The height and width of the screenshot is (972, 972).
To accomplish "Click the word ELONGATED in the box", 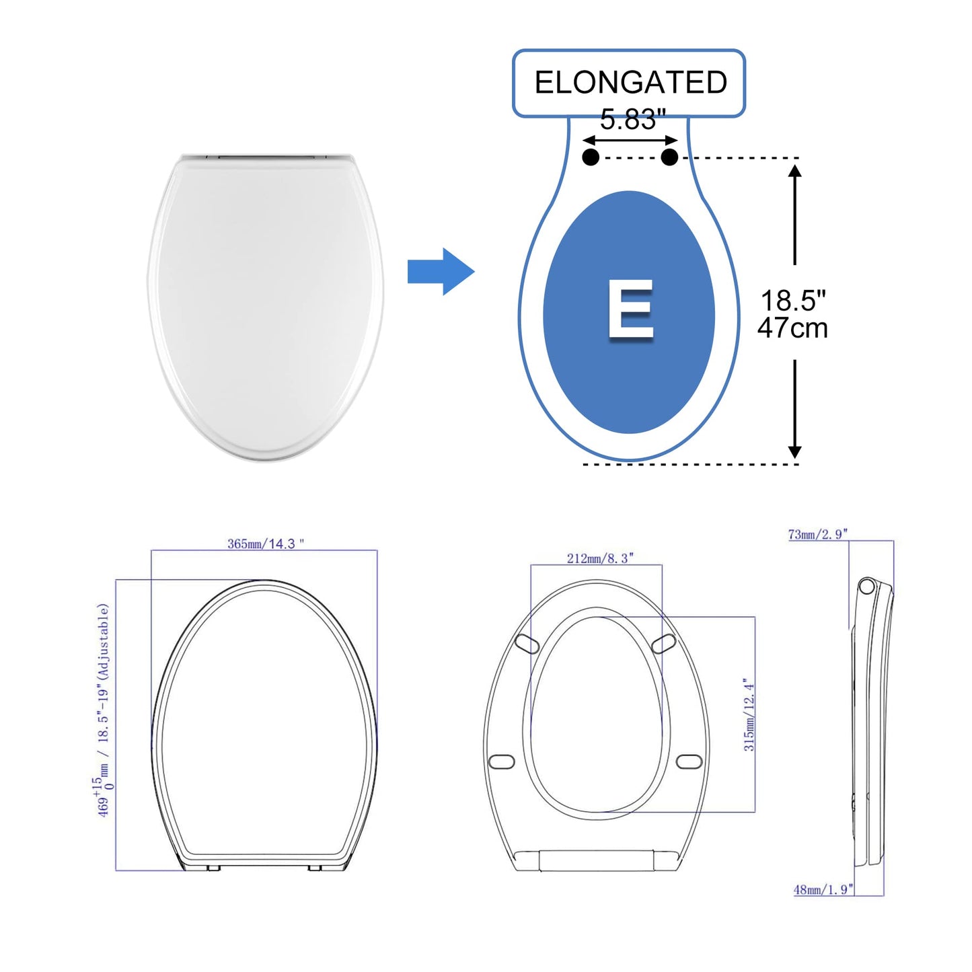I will [630, 83].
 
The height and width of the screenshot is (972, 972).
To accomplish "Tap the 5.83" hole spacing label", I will [632, 120].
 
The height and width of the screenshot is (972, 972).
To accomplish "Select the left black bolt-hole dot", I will [591, 157].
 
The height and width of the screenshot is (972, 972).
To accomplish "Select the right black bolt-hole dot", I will [669, 157].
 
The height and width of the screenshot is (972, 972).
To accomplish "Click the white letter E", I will [630, 309].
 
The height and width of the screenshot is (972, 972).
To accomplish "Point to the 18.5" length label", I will [793, 301].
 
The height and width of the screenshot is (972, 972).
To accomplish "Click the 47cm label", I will [792, 328].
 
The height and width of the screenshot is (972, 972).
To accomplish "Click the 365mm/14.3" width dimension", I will [265, 544].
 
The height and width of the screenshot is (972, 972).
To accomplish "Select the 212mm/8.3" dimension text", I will [600, 558].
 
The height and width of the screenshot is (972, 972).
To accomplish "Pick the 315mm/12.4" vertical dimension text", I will [749, 714].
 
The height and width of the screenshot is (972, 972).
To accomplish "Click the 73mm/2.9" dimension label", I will [817, 535].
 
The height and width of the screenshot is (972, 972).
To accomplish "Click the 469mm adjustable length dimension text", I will [103, 710].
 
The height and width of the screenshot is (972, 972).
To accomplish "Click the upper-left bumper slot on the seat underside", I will [527, 644].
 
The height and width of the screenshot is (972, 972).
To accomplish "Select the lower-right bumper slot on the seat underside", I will [689, 761].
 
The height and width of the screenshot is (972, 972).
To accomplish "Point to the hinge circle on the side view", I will [866, 586].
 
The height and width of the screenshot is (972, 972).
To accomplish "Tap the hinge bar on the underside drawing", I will [596, 860].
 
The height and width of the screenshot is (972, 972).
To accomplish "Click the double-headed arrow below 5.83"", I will [630, 140].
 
